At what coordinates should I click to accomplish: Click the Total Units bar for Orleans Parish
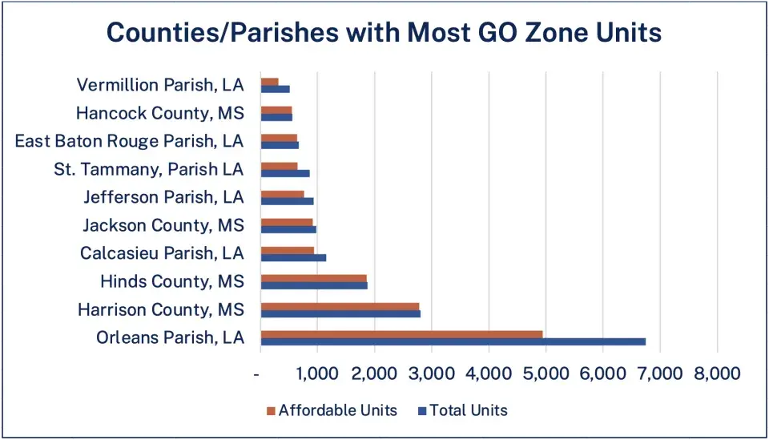click(453, 341)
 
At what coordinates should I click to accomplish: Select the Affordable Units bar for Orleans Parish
click(401, 334)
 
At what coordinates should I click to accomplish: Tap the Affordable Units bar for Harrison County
click(340, 306)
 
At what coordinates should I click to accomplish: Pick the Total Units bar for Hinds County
click(314, 285)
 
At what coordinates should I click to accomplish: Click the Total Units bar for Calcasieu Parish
click(293, 257)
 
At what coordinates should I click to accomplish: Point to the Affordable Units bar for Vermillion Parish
click(269, 81)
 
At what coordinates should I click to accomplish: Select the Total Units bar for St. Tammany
click(284, 173)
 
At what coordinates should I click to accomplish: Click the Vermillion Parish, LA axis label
click(160, 85)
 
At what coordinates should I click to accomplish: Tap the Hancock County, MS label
click(159, 113)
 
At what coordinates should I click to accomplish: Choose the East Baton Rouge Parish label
click(129, 141)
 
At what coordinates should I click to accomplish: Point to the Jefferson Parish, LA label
click(163, 197)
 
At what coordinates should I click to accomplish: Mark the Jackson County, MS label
click(163, 225)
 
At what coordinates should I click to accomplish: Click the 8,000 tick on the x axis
click(717, 373)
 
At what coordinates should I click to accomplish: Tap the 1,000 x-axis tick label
click(317, 373)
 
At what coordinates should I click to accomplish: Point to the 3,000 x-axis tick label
click(431, 373)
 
